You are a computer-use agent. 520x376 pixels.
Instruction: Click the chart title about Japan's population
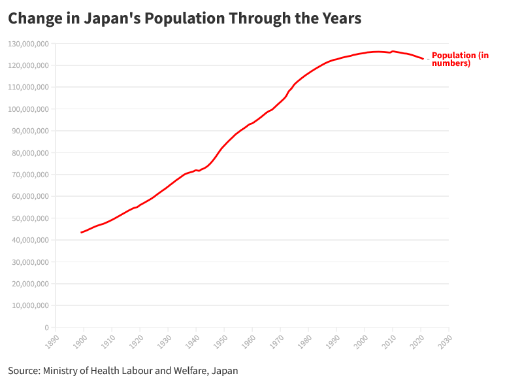coord(184,18)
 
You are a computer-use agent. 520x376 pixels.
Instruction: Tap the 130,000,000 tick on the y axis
coord(28,44)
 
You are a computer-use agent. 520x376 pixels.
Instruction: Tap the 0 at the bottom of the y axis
coord(46,327)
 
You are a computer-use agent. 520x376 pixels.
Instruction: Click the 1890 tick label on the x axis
coord(52,342)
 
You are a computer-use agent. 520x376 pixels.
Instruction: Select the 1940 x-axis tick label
coord(193,342)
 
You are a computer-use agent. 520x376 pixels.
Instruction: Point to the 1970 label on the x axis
coord(277,342)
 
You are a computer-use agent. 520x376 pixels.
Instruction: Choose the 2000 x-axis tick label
coord(361,342)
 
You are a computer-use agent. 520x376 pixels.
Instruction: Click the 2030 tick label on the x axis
coord(446,342)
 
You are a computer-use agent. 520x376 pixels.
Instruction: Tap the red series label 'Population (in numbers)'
coord(460,60)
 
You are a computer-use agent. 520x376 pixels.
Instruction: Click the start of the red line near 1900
coord(82,232)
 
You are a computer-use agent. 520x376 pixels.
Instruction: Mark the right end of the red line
coord(423,59)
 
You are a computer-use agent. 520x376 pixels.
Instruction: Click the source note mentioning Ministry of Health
coord(123,371)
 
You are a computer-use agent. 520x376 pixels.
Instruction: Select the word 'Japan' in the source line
coord(225,371)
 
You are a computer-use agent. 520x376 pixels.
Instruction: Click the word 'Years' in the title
coord(341,18)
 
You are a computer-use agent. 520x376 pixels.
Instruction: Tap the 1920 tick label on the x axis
coord(137,342)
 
